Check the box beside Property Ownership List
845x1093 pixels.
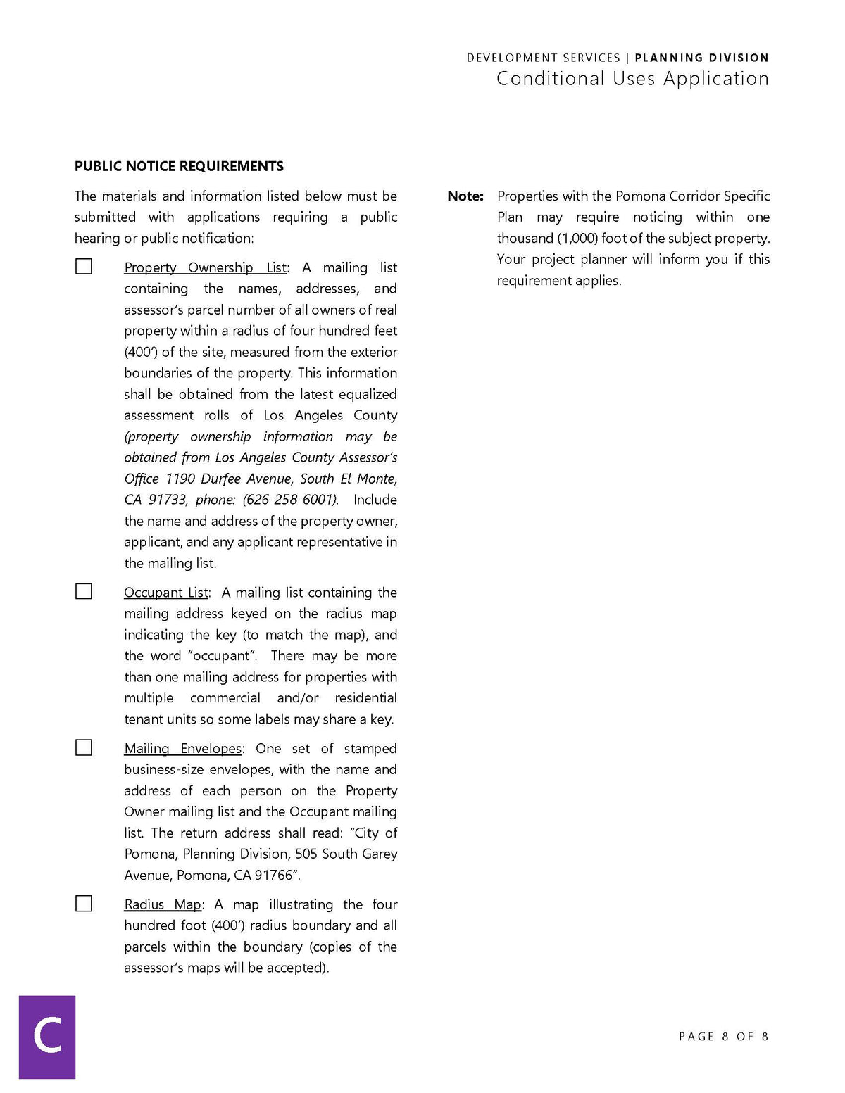84,266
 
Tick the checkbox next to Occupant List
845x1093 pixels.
84,591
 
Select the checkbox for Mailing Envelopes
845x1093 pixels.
84,747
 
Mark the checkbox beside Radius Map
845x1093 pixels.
84,903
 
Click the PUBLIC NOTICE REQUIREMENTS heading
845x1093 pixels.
179,166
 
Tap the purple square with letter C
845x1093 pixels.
47,1037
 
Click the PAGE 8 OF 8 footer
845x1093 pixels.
723,1036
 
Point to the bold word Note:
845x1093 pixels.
465,196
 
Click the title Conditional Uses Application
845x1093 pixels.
632,79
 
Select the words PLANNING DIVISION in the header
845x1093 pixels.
701,58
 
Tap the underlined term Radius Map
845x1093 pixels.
163,904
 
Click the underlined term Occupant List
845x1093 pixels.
166,593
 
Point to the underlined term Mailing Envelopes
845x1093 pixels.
183,748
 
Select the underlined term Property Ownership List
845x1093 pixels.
206,267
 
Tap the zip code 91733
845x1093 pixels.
168,500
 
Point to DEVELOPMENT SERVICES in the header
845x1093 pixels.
543,58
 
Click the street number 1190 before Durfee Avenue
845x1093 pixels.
180,479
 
